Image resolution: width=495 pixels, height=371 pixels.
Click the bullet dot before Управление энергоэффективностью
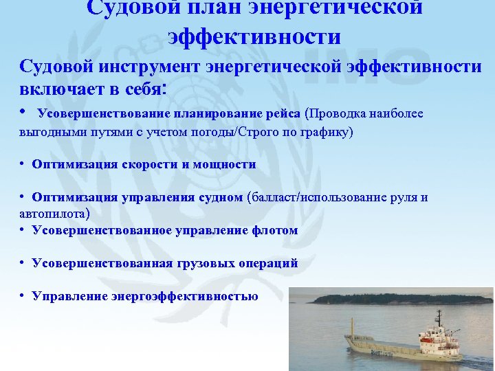(23, 296)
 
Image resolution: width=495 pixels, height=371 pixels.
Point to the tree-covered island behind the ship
(399, 297)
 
